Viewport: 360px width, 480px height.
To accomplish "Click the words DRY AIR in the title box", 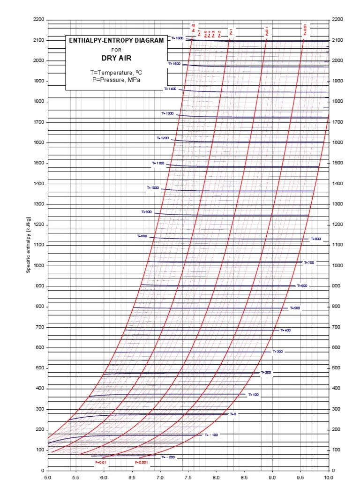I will coord(116,58).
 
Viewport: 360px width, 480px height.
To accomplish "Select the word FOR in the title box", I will coord(116,50).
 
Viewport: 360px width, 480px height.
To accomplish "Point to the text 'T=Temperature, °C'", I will coord(116,73).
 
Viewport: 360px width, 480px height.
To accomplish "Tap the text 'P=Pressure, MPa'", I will coord(116,80).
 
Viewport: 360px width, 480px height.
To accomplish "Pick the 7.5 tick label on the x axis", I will coord(188,477).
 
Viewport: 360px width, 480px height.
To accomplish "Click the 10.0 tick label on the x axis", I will coord(328,477).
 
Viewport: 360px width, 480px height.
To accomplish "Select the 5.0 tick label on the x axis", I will coord(48,477).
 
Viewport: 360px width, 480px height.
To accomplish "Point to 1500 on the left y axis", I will coord(38,163).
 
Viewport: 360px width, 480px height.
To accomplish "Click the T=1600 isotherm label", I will coord(177,38).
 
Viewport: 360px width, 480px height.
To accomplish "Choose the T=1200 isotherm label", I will coord(163,138).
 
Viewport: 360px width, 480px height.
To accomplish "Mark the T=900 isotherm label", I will coord(147,212).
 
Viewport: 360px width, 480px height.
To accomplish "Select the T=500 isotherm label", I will coord(295,308).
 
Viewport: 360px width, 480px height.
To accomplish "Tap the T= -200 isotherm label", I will coord(167,457).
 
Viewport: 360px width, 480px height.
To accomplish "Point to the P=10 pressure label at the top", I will coord(193,27).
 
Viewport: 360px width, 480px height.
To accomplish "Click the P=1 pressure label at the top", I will coord(231,32).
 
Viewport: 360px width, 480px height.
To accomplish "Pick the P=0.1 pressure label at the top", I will coord(267,32).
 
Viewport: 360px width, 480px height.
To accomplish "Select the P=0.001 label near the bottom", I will coord(141,462).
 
